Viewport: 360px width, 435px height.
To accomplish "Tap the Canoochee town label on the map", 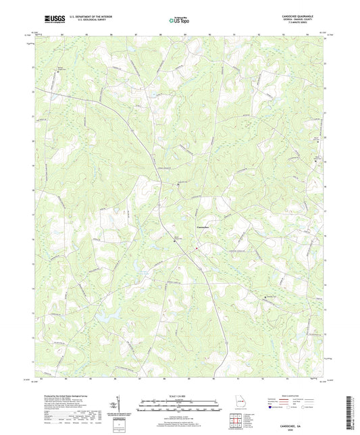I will [x=205, y=227].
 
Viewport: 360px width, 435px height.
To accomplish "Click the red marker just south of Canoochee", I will [x=197, y=248].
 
